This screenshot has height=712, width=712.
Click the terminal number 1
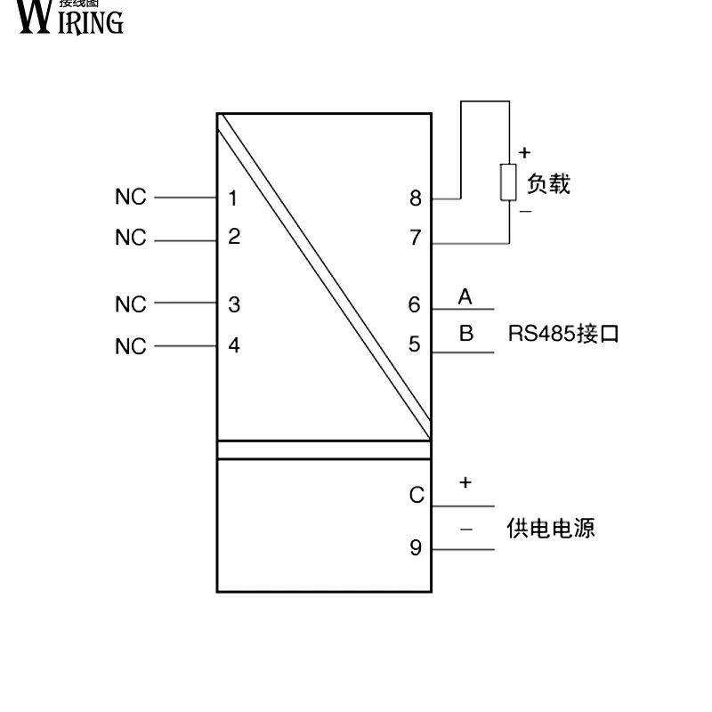[x=233, y=198]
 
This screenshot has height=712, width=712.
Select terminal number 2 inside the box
[x=233, y=237]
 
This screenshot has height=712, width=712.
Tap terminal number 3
[x=233, y=304]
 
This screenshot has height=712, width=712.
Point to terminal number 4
[x=233, y=345]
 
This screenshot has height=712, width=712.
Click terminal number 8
[x=415, y=198]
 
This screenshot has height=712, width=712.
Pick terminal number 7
[x=415, y=238]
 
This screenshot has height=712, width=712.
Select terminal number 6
[x=415, y=304]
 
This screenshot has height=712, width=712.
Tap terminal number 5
[x=415, y=344]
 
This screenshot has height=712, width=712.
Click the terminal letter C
[x=416, y=496]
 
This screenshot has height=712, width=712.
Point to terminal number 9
[x=415, y=547]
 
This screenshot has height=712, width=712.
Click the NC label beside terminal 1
[x=130, y=198]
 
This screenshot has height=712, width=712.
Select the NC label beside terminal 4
[x=130, y=346]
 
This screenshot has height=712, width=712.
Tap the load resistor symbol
[x=508, y=182]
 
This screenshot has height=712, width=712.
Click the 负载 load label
[x=548, y=184]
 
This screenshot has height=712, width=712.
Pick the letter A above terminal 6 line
[x=465, y=297]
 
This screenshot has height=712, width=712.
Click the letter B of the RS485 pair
[x=465, y=335]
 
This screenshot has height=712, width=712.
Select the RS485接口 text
[x=562, y=335]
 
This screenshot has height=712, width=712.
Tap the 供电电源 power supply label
[x=551, y=528]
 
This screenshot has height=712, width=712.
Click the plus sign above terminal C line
[x=465, y=482]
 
